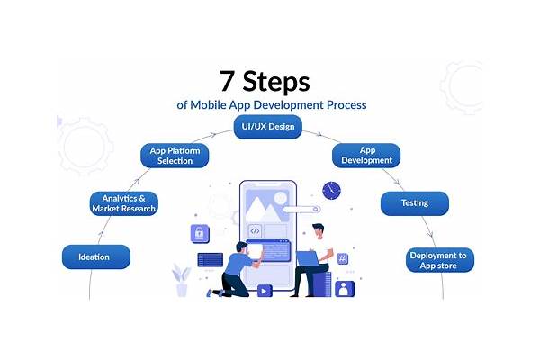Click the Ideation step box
(96, 257)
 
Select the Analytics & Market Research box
(124, 203)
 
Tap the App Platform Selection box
(175, 156)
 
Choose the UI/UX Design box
(268, 127)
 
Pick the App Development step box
(366, 156)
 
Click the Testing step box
(415, 203)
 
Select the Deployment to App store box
(440, 260)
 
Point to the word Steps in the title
(276, 82)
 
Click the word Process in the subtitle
(346, 104)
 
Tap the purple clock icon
(331, 191)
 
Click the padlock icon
(200, 234)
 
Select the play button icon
(265, 291)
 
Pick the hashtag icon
(342, 258)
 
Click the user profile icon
(345, 289)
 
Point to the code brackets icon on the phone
(255, 230)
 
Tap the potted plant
(182, 280)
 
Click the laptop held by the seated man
(307, 258)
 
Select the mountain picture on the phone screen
(263, 206)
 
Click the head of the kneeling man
(242, 247)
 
